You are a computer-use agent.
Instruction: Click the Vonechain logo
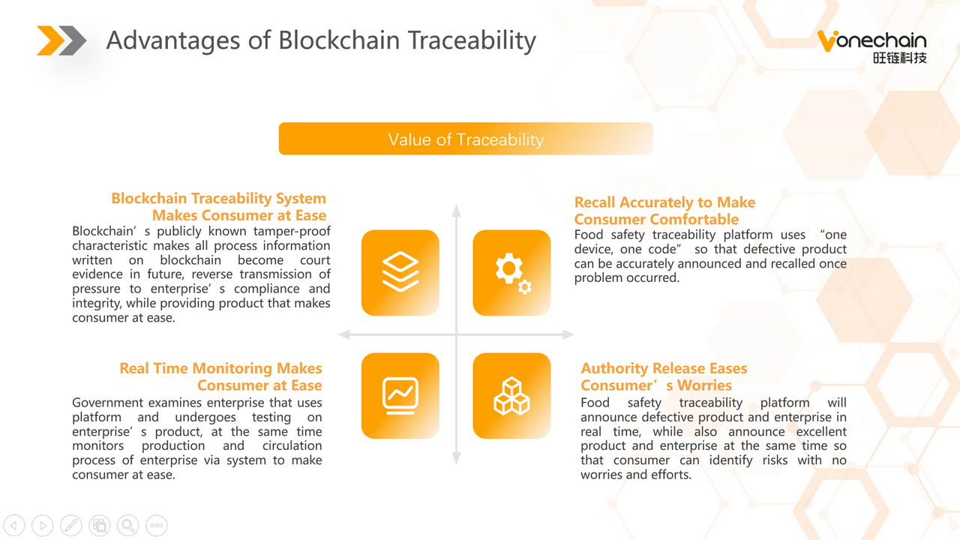point(872,46)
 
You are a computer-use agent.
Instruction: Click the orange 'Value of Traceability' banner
point(466,139)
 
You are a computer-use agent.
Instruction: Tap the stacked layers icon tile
point(400,272)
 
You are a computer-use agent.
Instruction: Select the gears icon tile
point(511,272)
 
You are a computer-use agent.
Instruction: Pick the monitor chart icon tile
point(400,395)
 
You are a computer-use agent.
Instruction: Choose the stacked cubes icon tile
point(511,395)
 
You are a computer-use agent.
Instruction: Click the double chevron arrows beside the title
point(61,40)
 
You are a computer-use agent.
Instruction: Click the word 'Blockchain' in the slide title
point(339,40)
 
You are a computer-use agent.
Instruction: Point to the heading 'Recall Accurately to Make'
point(664,202)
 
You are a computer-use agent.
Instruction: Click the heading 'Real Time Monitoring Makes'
point(220,368)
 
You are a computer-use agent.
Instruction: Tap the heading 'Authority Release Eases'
point(664,368)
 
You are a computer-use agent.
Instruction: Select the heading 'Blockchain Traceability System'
point(218,199)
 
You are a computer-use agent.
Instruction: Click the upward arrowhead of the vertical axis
point(457,210)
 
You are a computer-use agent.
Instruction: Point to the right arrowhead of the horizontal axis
point(568,334)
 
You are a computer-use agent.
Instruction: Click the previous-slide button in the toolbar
point(14,525)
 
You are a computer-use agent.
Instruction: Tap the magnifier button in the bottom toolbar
point(128,525)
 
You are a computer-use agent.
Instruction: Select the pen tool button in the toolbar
point(71,525)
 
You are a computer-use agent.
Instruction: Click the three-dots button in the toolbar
point(157,525)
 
